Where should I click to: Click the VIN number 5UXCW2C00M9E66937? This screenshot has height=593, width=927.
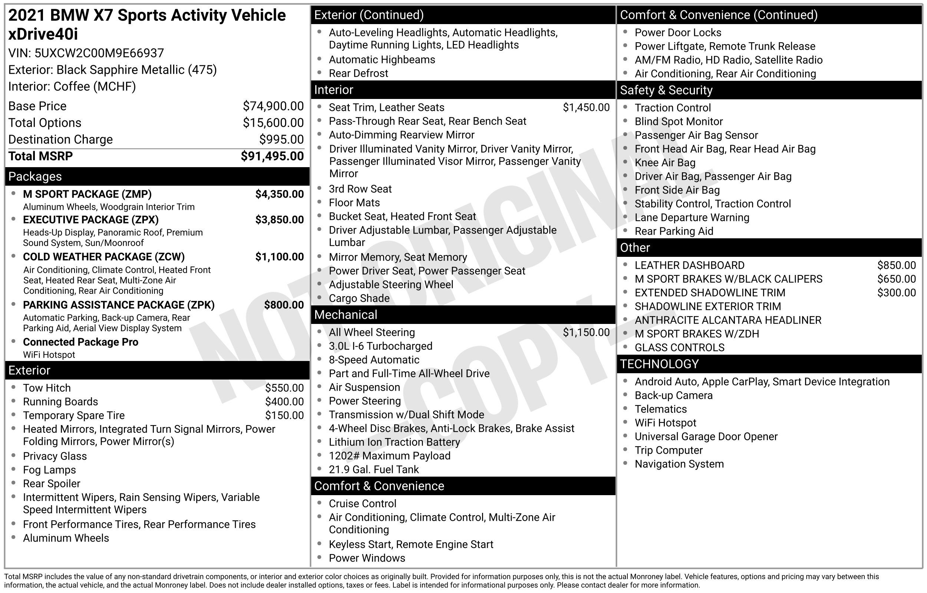pos(99,53)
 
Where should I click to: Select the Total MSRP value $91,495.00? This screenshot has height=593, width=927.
pos(272,156)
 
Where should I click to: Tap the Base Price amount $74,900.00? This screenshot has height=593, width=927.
pos(273,106)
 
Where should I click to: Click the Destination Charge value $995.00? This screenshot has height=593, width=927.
pos(281,139)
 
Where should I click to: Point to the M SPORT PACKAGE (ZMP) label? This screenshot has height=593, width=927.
pos(87,194)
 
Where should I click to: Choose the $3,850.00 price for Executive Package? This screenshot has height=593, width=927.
pos(279,220)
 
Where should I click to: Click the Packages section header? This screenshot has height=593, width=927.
pos(35,176)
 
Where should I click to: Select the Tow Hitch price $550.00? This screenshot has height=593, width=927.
pos(284,388)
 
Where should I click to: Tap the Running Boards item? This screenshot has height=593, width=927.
pos(60,402)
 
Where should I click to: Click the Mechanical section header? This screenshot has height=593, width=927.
pos(346,315)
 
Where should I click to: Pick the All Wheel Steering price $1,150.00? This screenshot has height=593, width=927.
pos(586,332)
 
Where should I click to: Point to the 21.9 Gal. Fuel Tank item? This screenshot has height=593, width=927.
pos(373,469)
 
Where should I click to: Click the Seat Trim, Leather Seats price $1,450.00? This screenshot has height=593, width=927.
pos(586,107)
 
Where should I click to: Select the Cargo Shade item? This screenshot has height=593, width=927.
pos(359,298)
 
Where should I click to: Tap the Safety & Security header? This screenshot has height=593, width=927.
pos(666,90)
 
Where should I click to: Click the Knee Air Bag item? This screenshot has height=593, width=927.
pos(665,162)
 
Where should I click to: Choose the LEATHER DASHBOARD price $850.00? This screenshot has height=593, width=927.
pos(896,265)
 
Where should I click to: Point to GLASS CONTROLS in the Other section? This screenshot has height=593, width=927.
pos(679,347)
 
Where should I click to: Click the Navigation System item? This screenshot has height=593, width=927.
pos(679,464)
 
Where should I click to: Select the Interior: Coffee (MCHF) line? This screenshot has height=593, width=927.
pos(72,86)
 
